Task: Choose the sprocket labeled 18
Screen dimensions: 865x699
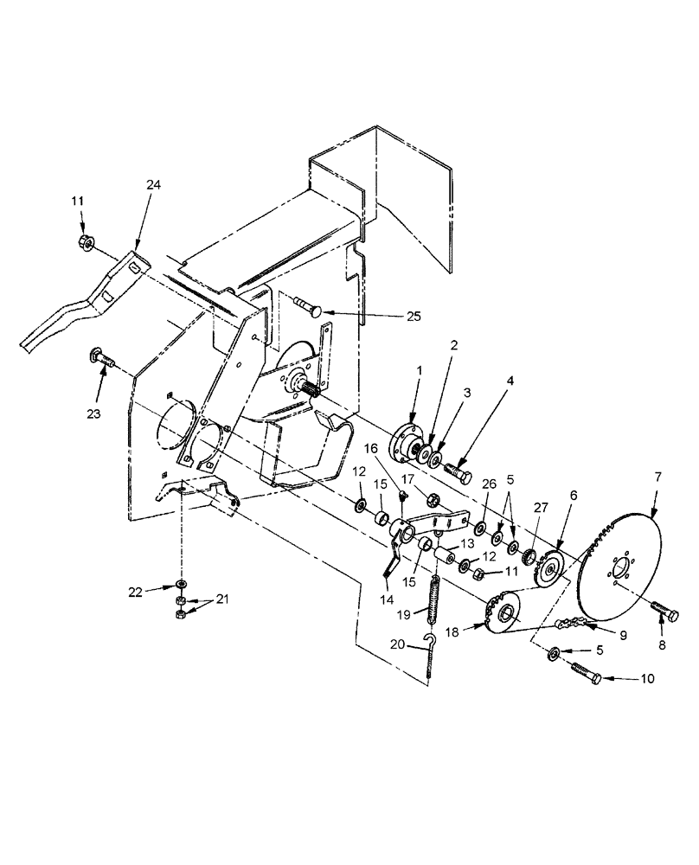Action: [501, 615]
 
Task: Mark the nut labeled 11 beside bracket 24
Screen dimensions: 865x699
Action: [86, 240]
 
